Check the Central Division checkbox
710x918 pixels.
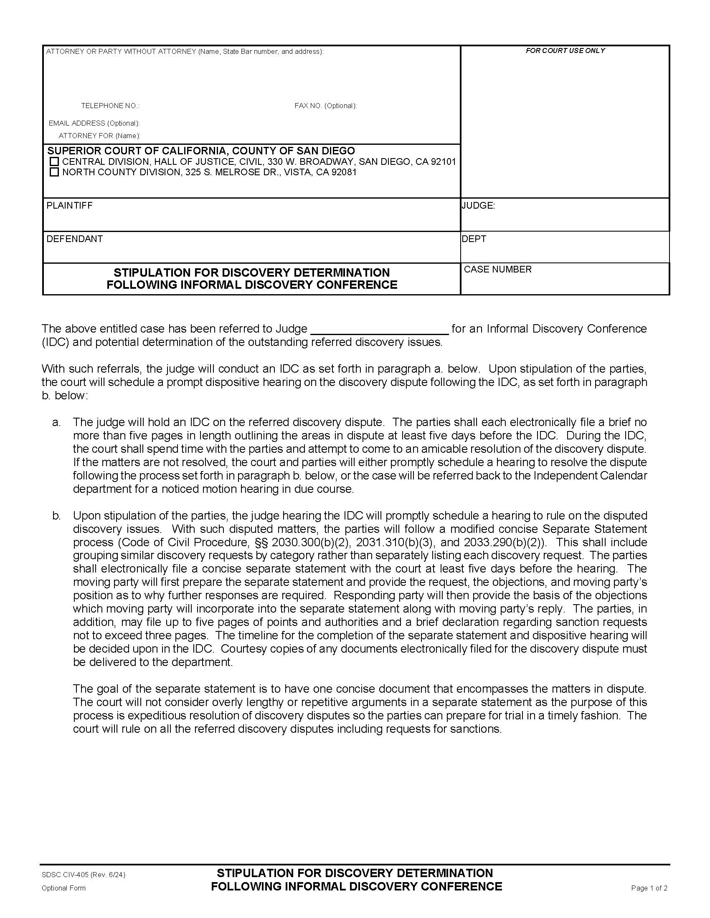[54, 162]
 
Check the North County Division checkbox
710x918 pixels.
[54, 172]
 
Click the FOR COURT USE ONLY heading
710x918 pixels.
[565, 50]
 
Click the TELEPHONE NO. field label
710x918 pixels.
[110, 106]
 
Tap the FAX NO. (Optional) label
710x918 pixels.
[325, 106]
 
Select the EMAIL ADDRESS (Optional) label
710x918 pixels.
[94, 123]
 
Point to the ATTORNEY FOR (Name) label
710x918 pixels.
[99, 136]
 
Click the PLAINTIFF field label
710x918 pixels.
[69, 206]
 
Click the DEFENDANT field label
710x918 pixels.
[74, 239]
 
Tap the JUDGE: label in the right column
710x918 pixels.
[478, 206]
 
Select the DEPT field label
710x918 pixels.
[474, 239]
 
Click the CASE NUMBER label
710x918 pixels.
[497, 270]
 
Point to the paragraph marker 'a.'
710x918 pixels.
[56, 422]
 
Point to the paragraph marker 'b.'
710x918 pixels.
[56, 516]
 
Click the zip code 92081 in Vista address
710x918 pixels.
[344, 172]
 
